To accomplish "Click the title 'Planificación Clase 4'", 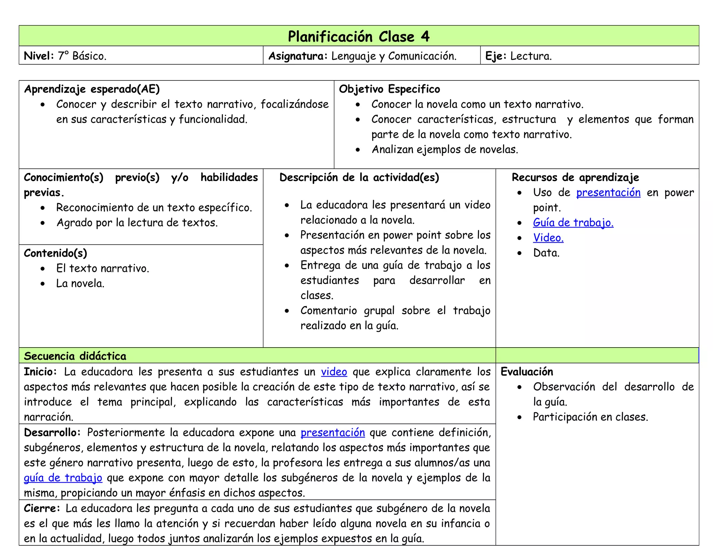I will click(x=359, y=37).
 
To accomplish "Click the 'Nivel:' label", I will click(x=39, y=56).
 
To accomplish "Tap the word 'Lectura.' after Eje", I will click(x=531, y=56).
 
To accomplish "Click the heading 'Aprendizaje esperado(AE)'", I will click(x=92, y=89).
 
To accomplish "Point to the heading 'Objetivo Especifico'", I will click(x=389, y=89).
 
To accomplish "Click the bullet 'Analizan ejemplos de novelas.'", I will click(x=445, y=149).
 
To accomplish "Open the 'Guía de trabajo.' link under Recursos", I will click(x=573, y=223).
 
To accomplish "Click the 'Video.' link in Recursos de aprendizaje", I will click(x=548, y=238).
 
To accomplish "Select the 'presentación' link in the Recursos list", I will click(x=608, y=192).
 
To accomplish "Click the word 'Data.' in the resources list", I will click(x=546, y=253).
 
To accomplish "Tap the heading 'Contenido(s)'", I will click(x=55, y=253).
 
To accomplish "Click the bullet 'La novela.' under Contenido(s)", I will click(x=80, y=284).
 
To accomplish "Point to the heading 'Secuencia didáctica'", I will click(x=75, y=356).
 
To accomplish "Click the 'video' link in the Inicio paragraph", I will click(x=334, y=372).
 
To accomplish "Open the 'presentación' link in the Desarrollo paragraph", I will click(x=332, y=432).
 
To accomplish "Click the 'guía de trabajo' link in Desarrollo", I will click(x=63, y=478).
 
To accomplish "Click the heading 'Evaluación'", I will click(x=526, y=372).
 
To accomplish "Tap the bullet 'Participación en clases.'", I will click(x=590, y=417).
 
